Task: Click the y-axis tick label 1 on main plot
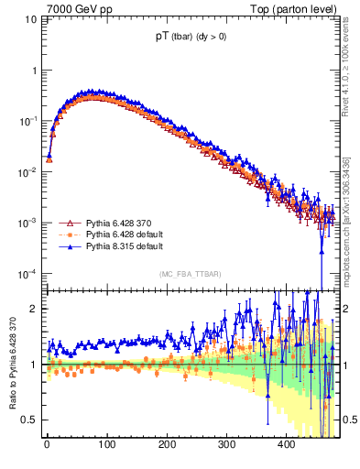pos(34,71)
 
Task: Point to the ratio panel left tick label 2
pos(34,309)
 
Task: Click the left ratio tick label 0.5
pos(30,420)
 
